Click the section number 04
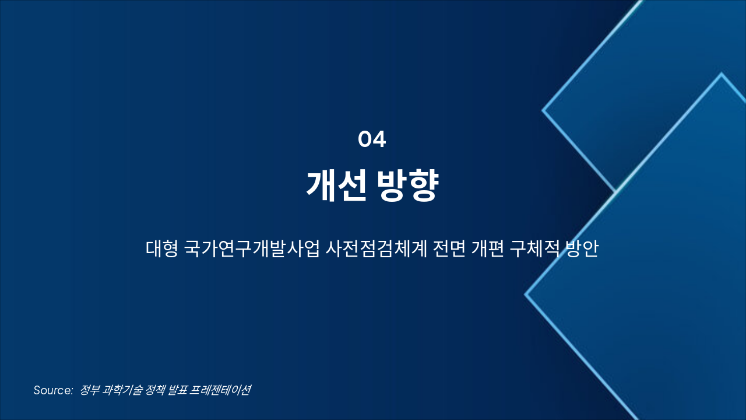(x=372, y=139)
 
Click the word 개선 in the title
(x=336, y=185)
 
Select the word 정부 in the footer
(x=90, y=390)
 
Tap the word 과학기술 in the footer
(x=123, y=390)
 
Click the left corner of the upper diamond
(x=543, y=110)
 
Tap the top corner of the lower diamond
(x=722, y=74)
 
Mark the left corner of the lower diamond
(x=526, y=295)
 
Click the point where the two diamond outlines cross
(x=615, y=191)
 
